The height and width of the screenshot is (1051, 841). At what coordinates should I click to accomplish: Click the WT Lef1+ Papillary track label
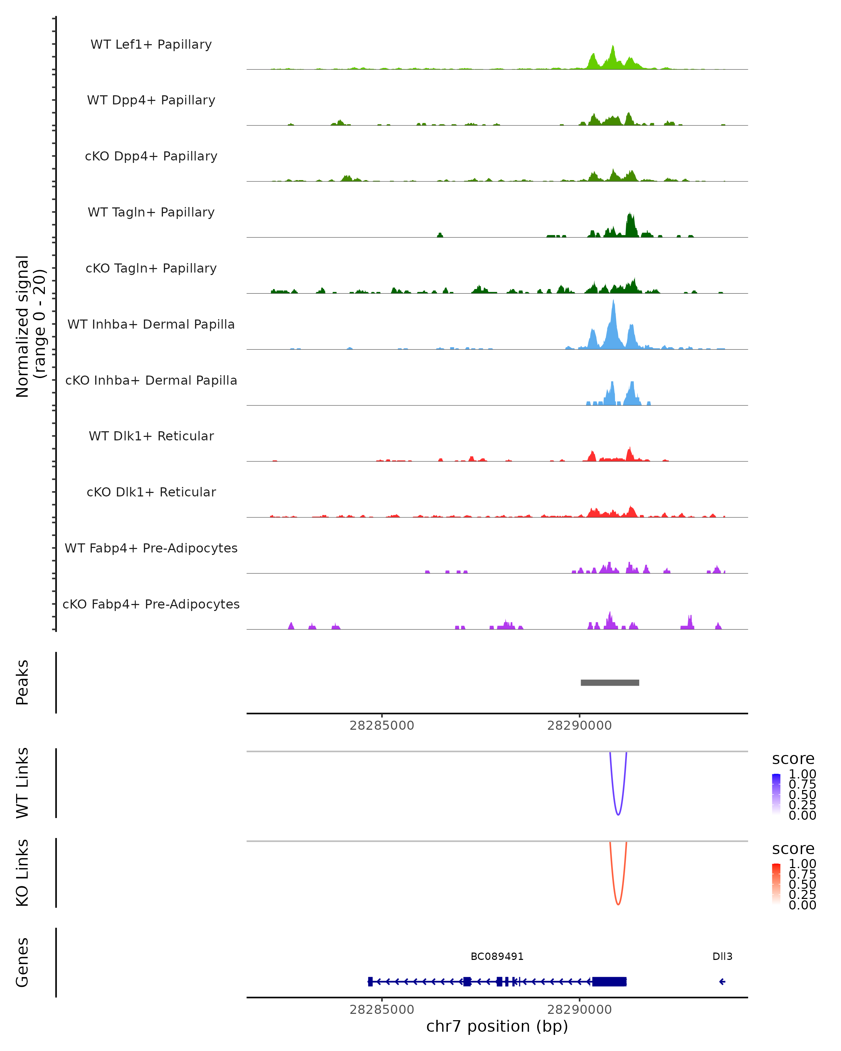click(x=151, y=44)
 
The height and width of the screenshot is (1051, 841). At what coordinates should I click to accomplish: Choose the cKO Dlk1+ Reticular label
click(x=151, y=492)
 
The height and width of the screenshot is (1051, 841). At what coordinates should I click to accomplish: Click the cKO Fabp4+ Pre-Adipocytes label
click(x=151, y=604)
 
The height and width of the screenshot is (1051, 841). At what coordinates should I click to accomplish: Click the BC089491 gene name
click(x=497, y=956)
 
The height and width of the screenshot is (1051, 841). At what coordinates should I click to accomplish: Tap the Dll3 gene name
click(x=722, y=956)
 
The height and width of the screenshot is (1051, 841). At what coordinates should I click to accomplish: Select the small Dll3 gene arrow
click(x=722, y=981)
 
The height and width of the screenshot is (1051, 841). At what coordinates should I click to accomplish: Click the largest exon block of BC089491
click(x=609, y=981)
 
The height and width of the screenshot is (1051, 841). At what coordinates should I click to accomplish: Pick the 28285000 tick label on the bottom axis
click(x=382, y=1010)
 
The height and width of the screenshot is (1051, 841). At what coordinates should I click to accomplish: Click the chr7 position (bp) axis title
click(x=497, y=1026)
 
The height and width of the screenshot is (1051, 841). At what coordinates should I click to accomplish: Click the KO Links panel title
click(x=22, y=873)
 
